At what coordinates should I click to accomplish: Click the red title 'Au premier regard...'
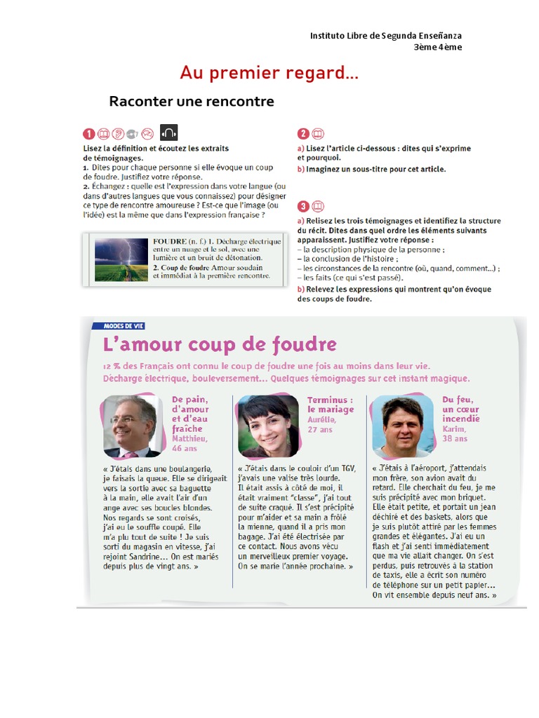point(269,72)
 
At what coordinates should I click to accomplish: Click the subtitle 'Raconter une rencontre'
point(192,102)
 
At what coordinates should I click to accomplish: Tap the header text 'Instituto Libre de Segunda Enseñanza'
point(386,36)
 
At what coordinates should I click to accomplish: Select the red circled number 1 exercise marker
point(88,133)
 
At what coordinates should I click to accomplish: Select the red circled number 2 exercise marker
point(303,134)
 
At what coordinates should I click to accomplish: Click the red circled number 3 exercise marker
point(303,206)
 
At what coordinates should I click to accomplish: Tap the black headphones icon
point(169,132)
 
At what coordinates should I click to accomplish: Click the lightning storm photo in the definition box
point(121,259)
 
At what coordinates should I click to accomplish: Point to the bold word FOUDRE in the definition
point(170,241)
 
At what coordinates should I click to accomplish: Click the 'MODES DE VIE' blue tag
point(124,325)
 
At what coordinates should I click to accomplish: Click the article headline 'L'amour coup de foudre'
point(220,345)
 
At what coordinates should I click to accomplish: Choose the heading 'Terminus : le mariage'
point(331,405)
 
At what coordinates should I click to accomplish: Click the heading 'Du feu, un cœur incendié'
point(461,409)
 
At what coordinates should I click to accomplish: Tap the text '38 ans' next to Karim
point(455,438)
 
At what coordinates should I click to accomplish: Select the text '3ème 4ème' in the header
point(438,47)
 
